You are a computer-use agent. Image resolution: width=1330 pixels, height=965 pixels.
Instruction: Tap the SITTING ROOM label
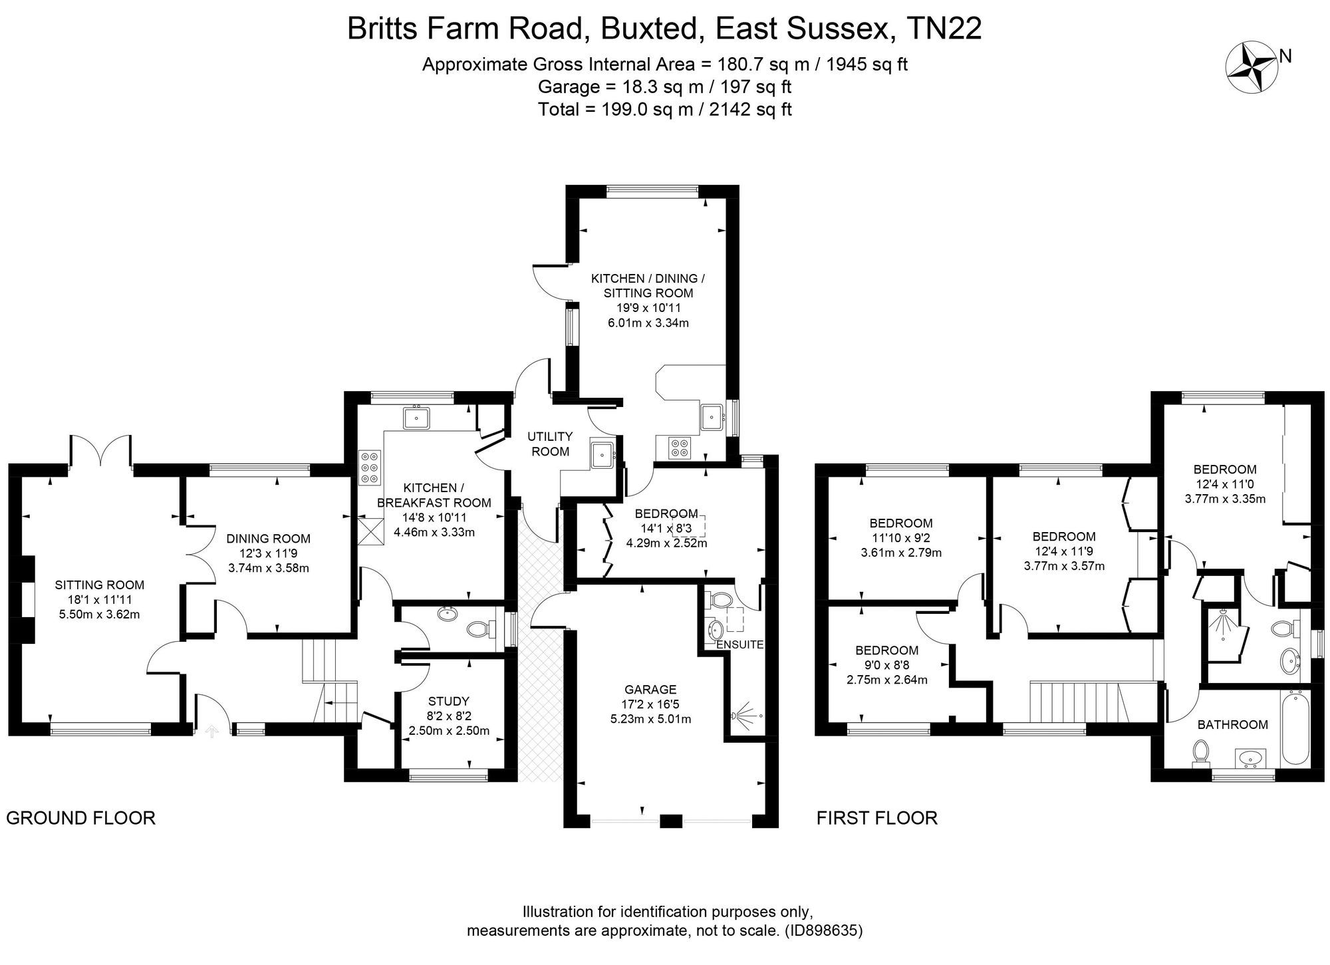pos(100,585)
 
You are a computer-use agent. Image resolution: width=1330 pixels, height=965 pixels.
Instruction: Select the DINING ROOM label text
pos(268,539)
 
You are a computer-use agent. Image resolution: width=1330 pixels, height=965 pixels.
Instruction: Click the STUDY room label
pos(449,701)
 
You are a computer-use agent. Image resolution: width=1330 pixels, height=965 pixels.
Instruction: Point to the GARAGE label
pos(650,690)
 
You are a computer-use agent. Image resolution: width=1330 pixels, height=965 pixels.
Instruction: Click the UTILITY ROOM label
pos(550,444)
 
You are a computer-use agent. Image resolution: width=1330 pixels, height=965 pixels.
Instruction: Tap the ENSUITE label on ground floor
pos(739,644)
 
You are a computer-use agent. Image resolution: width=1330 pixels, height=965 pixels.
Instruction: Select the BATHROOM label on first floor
pos(1232,725)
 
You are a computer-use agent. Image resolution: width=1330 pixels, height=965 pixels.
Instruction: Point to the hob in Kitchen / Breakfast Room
pos(369,467)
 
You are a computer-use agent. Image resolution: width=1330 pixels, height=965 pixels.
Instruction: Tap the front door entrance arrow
pos(213,732)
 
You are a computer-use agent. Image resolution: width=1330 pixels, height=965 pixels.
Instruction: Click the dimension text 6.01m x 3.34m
pos(648,323)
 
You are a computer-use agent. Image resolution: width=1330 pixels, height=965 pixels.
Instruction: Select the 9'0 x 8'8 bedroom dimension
pos(886,665)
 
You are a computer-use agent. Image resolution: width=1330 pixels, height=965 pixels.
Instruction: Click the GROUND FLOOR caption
pos(80,818)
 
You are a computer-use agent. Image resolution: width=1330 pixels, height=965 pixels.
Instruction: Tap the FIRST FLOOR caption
pos(876,818)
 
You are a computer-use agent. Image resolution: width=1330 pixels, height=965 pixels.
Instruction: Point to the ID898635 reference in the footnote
pos(823,930)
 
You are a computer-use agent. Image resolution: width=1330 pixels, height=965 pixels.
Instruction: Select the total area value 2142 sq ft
pos(751,109)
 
